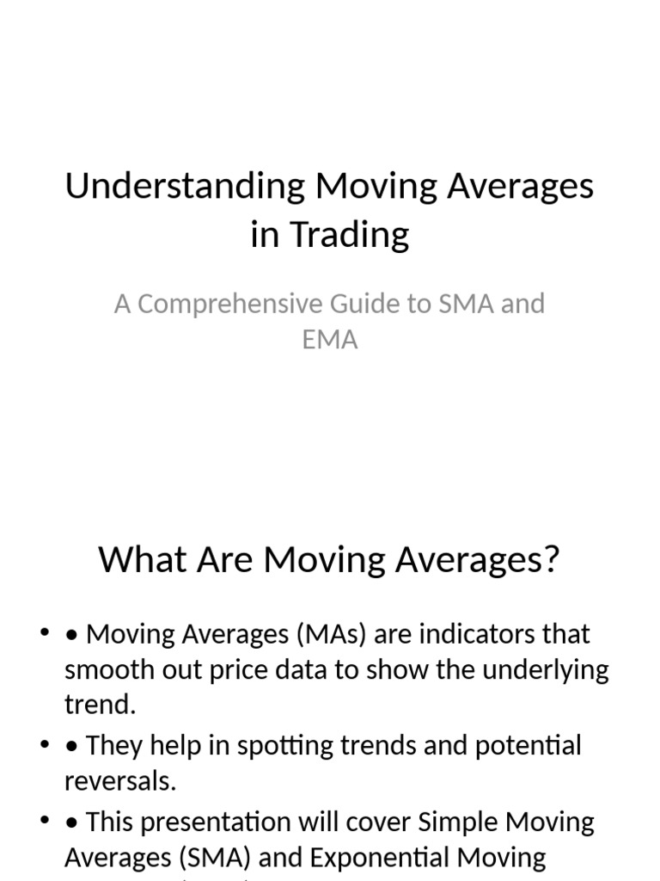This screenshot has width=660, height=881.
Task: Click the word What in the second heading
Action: click(x=136, y=560)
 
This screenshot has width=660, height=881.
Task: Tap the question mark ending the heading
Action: click(x=550, y=560)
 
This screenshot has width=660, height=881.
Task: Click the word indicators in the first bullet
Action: click(x=472, y=635)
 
